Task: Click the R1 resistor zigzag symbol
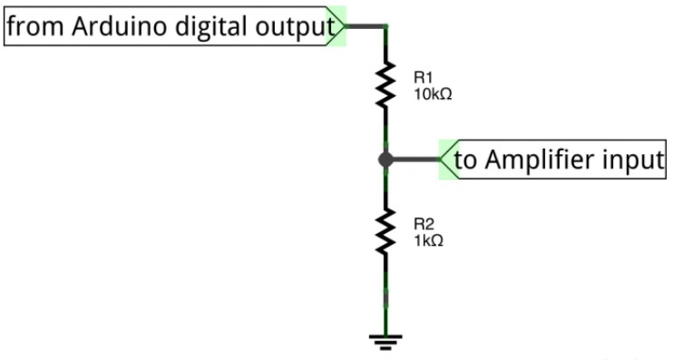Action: click(x=385, y=84)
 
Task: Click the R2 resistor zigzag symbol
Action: click(x=385, y=231)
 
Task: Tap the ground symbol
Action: click(x=385, y=342)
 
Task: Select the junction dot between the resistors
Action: click(x=385, y=160)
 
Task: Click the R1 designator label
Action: click(x=424, y=78)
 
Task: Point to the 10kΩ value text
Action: click(x=433, y=94)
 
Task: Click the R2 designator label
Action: click(x=424, y=224)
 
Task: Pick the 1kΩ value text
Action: click(x=428, y=240)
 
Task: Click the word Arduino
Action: click(x=119, y=25)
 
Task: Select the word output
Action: click(x=295, y=28)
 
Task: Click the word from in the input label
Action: click(x=34, y=25)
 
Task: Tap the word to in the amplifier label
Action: click(x=465, y=161)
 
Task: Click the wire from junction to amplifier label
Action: click(x=416, y=160)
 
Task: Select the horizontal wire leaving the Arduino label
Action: click(x=366, y=26)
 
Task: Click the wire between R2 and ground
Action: click(x=385, y=295)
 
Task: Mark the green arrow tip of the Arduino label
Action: click(x=345, y=26)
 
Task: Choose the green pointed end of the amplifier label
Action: click(x=441, y=160)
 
